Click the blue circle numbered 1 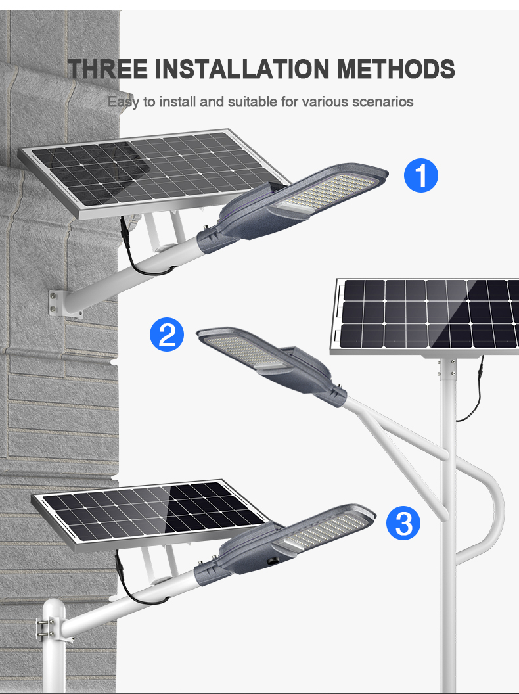[x=420, y=175]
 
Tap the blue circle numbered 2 [x=167, y=335]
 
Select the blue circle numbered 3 [x=403, y=523]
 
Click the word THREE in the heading [x=108, y=68]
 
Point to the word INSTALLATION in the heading [x=242, y=68]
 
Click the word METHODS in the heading [x=396, y=68]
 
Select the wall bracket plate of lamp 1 [x=65, y=304]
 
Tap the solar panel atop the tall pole [x=426, y=317]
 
